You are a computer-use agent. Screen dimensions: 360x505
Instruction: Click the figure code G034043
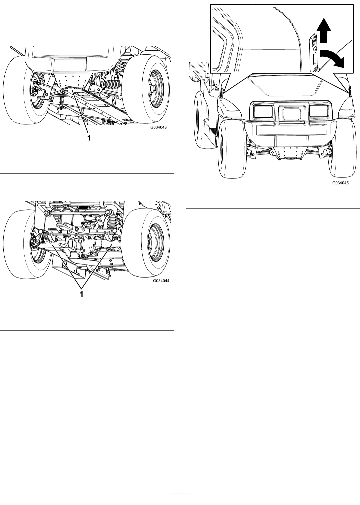[159, 127]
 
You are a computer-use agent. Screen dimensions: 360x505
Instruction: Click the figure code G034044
[161, 281]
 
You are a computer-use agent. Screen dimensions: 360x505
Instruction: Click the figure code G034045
[340, 183]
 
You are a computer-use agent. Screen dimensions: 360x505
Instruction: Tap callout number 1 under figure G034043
[89, 138]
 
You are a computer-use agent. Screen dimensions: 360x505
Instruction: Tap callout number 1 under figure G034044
[82, 294]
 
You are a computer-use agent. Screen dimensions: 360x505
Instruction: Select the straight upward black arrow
[324, 31]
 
